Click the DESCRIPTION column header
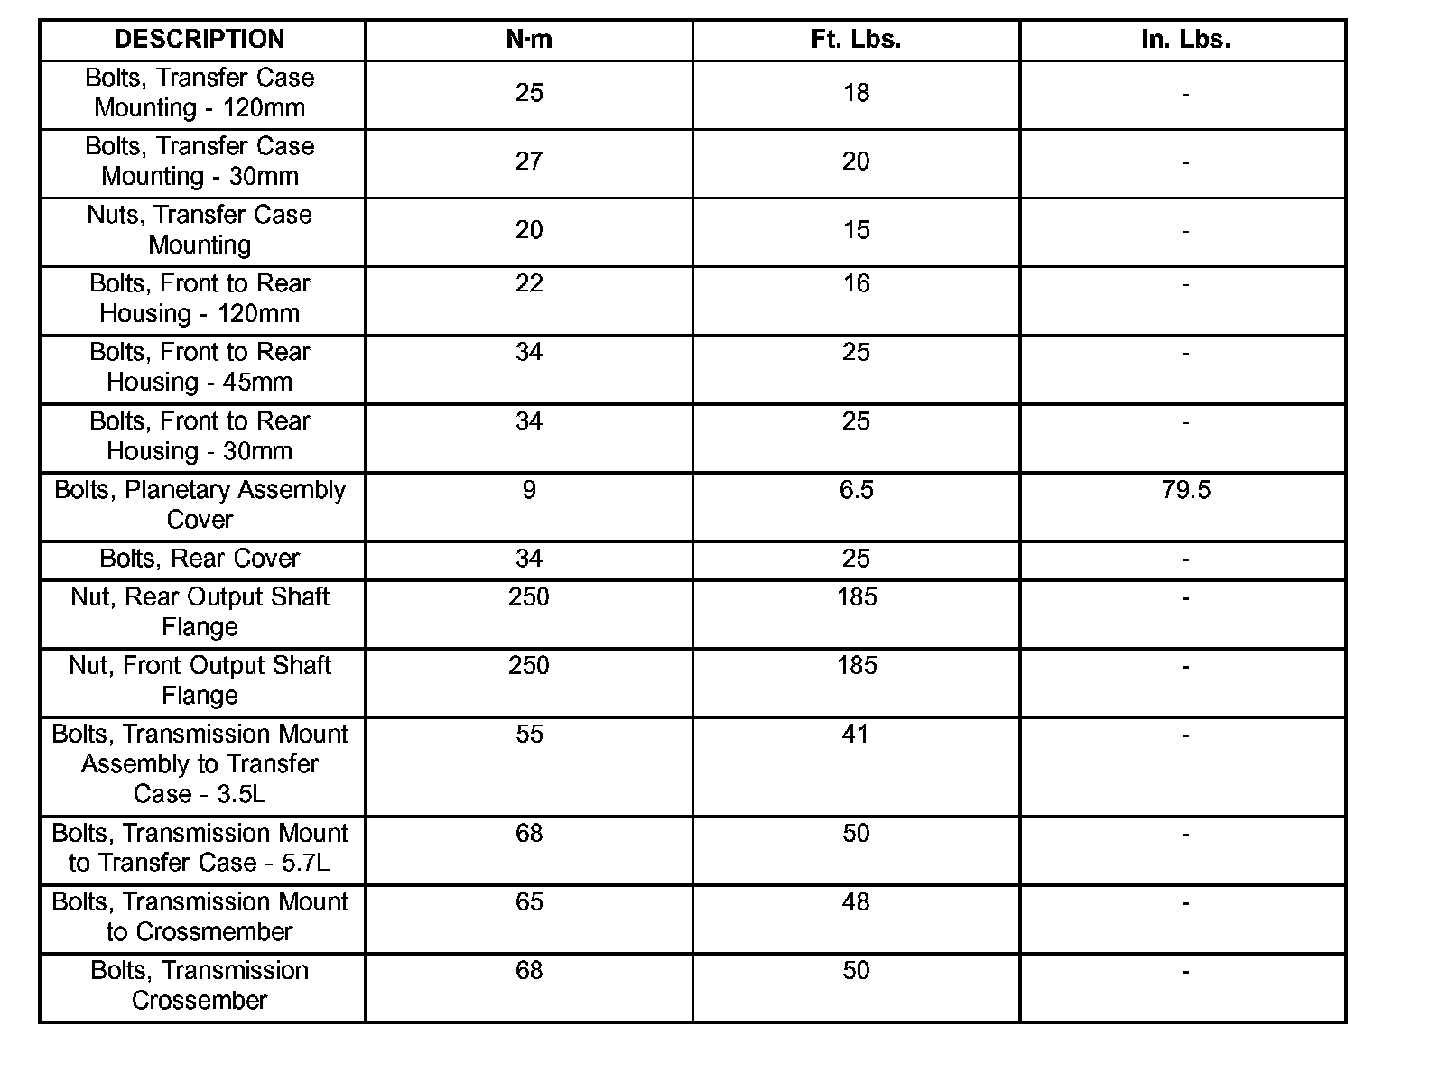point(200,39)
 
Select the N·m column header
point(529,39)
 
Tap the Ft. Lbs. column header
point(856,39)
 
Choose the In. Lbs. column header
point(1185,39)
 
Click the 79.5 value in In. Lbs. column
point(1186,490)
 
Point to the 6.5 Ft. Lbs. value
point(856,490)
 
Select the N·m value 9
point(529,490)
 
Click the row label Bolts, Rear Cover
point(200,559)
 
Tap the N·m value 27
point(529,162)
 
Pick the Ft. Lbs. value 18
point(856,93)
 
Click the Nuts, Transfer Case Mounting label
point(200,230)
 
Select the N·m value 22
point(529,283)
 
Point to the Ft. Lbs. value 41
point(856,735)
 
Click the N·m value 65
point(529,901)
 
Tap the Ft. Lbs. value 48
point(856,901)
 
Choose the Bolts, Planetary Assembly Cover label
point(200,504)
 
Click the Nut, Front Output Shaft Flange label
point(200,680)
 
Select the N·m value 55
point(529,735)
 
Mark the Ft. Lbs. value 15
point(856,230)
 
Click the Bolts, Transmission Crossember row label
point(200,985)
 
